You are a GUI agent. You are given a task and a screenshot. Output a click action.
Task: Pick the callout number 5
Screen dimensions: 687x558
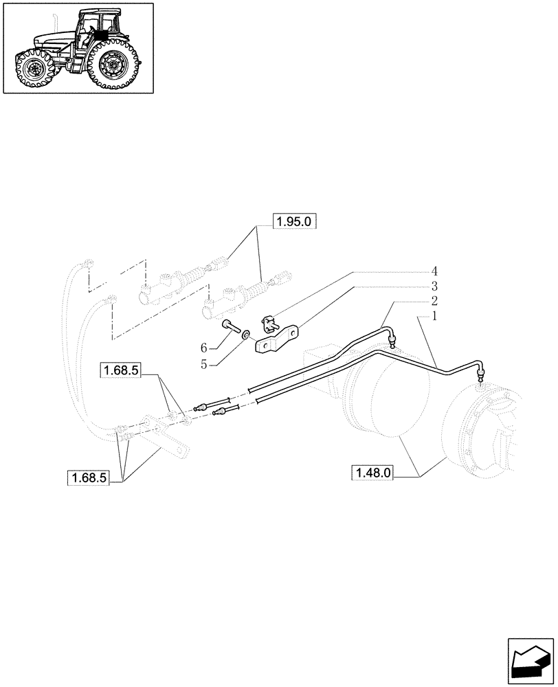pos(203,365)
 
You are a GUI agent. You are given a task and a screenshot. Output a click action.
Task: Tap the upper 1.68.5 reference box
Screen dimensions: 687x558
pos(121,371)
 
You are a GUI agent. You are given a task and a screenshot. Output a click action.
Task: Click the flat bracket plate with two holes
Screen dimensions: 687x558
pos(278,340)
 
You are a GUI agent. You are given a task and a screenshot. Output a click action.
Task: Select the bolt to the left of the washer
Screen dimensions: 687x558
pos(230,326)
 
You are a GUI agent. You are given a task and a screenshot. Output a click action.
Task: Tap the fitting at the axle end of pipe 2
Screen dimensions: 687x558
pos(392,341)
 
